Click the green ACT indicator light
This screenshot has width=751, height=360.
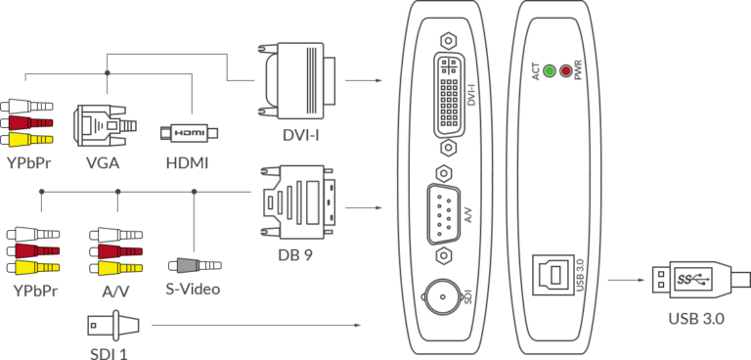549,71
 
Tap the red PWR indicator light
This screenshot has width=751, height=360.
565,71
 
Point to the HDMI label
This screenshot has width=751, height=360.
187,162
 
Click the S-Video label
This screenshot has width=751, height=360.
193,290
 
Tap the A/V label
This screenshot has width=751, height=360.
116,291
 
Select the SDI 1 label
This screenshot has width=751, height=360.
110,349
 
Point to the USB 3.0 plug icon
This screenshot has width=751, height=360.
692,282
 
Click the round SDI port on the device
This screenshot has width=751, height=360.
441,294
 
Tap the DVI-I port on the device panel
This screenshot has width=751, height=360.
452,94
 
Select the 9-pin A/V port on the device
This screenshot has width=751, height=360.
445,206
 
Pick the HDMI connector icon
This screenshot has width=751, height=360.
189,132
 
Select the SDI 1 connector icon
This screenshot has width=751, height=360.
112,323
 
